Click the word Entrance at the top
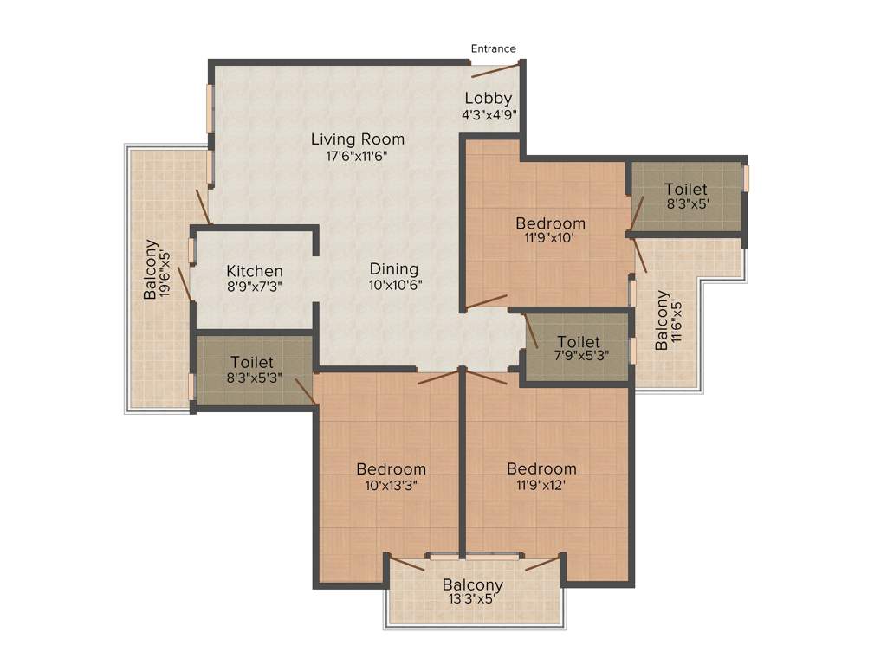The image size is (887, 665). point(493,48)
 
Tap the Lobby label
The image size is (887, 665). point(489,98)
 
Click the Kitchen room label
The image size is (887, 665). point(255,271)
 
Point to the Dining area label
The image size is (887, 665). point(393,269)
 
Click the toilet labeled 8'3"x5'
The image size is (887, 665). point(685,196)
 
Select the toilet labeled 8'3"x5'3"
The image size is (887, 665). point(252,369)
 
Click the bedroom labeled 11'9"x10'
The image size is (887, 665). point(550,230)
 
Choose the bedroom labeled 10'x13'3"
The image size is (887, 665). point(392,476)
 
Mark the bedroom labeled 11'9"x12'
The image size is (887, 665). point(541,476)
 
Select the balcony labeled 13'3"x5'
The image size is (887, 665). point(472,592)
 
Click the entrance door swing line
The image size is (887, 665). point(496,69)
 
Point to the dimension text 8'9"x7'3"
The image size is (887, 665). point(255,286)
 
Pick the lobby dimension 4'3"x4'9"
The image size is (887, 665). point(489,113)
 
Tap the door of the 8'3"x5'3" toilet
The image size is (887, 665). point(303,391)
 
